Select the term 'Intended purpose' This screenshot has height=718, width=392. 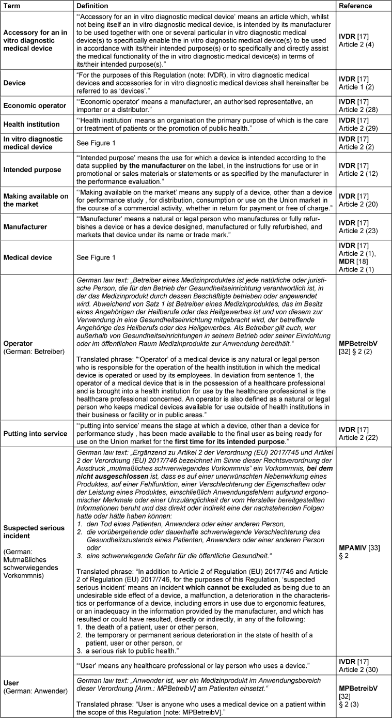tap(33, 169)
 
